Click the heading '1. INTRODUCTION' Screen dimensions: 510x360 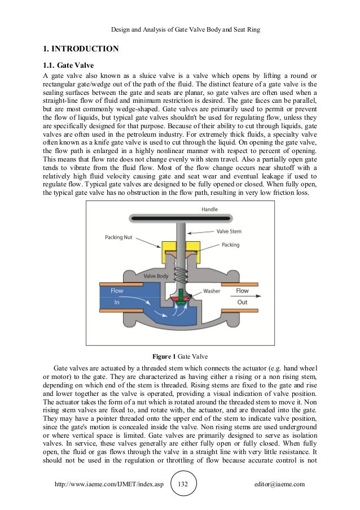pyautogui.click(x=81, y=49)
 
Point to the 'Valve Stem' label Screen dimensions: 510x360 pyautogui.click(x=229, y=230)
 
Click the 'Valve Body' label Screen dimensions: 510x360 pyautogui.click(x=156, y=276)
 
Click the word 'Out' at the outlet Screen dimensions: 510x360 pyautogui.click(x=242, y=302)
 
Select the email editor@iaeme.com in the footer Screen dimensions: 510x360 pyautogui.click(x=280, y=484)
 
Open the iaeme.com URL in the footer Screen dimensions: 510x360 pyautogui.click(x=107, y=484)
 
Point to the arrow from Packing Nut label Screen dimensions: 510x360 pyautogui.click(x=149, y=242)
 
